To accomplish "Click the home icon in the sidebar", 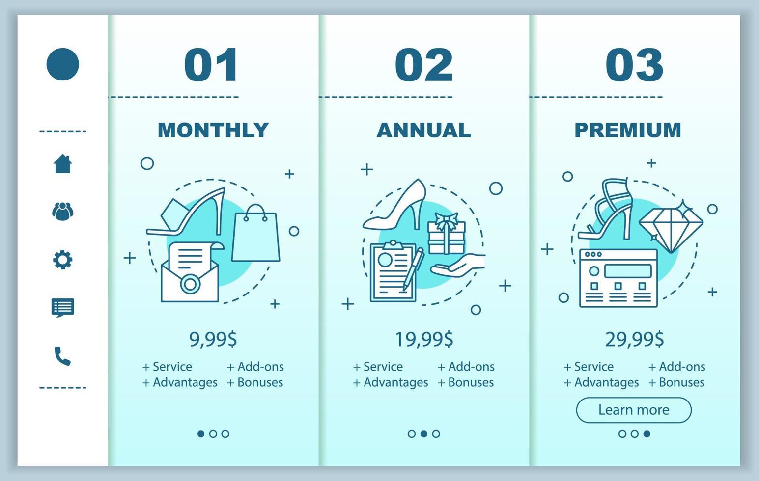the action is [63, 164].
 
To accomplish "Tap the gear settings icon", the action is [63, 260].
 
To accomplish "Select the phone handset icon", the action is [63, 356].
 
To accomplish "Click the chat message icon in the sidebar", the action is [63, 308].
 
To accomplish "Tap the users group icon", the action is [63, 212].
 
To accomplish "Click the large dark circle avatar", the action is [63, 64].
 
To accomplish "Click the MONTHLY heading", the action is [213, 130].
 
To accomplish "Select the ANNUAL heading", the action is [423, 130].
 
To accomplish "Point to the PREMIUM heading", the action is [628, 130].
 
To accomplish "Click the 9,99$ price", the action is [213, 339].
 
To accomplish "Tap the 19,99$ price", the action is [424, 339].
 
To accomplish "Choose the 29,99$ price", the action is [634, 339].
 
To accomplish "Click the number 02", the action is [424, 65].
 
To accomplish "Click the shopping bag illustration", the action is [256, 234].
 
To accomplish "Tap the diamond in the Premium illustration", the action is [671, 226].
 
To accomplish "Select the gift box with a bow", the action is [447, 234].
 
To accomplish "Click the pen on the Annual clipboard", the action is [413, 269].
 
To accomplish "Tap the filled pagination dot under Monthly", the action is [201, 433].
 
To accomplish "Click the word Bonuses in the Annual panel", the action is [471, 382].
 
